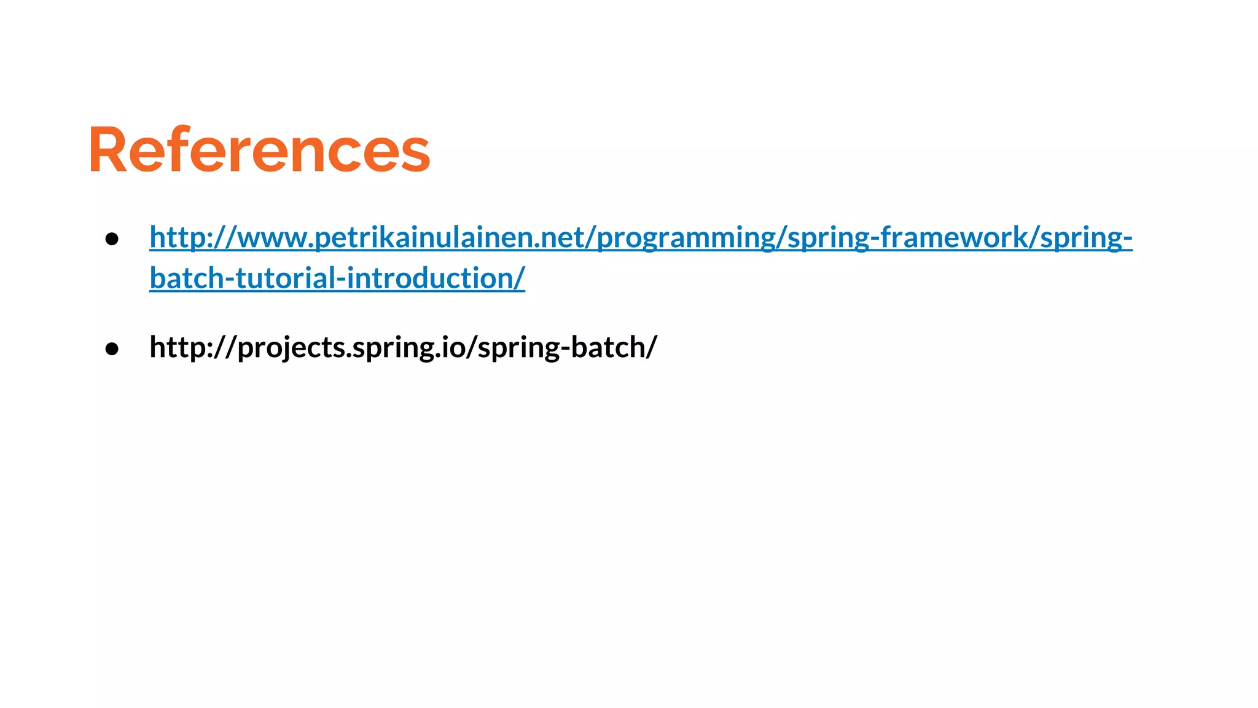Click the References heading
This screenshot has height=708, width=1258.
point(259,150)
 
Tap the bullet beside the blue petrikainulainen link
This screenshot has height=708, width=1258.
point(112,238)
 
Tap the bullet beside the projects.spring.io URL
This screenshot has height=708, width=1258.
point(112,348)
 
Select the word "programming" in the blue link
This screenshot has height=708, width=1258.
point(686,238)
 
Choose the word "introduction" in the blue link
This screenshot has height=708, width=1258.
point(431,278)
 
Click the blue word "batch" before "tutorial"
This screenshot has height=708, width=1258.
point(187,278)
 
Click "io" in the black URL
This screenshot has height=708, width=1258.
point(451,347)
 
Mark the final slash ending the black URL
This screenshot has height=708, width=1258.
point(651,347)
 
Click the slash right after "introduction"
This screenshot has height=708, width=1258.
point(520,278)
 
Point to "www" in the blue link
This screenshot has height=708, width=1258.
point(274,238)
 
